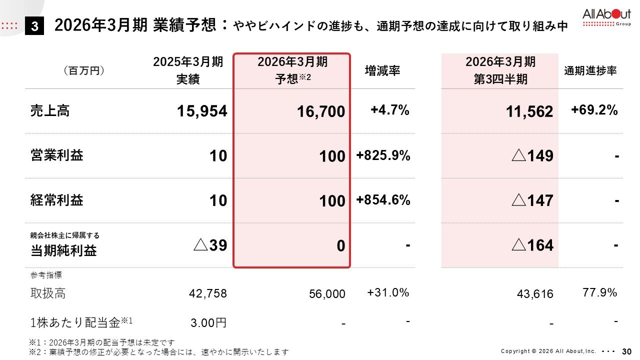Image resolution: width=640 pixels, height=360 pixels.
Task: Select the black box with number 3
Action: pyautogui.click(x=34, y=26)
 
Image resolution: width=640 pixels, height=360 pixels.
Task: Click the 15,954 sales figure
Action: pyautogui.click(x=202, y=111)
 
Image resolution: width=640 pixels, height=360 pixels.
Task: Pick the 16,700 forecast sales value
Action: pyautogui.click(x=320, y=111)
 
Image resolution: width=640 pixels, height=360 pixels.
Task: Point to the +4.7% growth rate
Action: pyautogui.click(x=390, y=110)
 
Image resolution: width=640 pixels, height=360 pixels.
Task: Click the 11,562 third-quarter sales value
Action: pyautogui.click(x=529, y=111)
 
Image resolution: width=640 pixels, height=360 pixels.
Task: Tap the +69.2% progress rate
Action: pyautogui.click(x=594, y=110)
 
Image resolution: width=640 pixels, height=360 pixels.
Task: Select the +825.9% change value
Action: pyautogui.click(x=383, y=155)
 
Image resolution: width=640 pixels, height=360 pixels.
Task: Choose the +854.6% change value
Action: pyautogui.click(x=383, y=200)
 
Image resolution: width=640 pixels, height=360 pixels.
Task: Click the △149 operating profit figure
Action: pyautogui.click(x=533, y=156)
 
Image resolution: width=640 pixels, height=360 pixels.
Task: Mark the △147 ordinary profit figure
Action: pyautogui.click(x=533, y=201)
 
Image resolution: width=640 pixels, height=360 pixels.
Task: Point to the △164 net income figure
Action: pyautogui.click(x=533, y=245)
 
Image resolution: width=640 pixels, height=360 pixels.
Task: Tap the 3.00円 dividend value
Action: pyautogui.click(x=208, y=322)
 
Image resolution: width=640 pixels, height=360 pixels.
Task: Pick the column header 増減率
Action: pyautogui.click(x=382, y=71)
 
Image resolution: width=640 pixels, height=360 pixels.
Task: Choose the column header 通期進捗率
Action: pyautogui.click(x=590, y=71)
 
